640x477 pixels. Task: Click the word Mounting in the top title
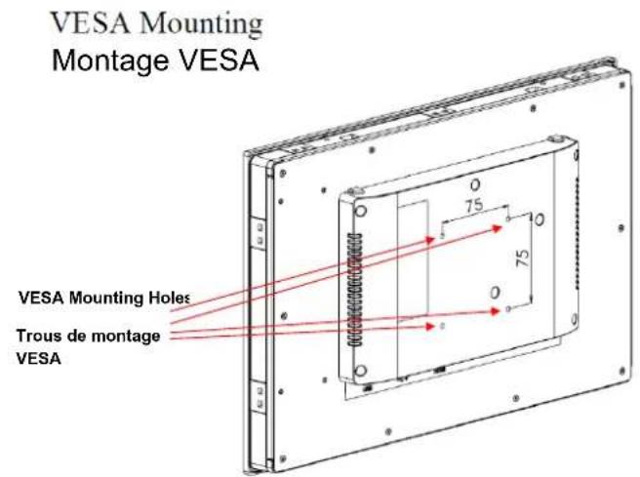point(200,24)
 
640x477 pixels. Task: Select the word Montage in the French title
point(110,60)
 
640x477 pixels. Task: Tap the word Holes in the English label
point(169,298)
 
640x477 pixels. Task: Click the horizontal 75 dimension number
point(473,205)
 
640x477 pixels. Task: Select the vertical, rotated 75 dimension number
point(523,258)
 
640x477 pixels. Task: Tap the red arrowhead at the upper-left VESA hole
point(430,240)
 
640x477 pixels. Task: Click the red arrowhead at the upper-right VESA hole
point(498,228)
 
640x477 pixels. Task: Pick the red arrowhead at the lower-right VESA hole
point(495,312)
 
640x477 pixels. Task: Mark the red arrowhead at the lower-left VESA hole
point(429,326)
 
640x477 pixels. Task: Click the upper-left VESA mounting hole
point(442,236)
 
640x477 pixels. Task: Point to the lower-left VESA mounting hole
point(442,326)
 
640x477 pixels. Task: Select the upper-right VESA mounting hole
point(507,219)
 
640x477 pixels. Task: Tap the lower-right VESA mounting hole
point(507,309)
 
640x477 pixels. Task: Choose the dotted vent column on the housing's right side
point(577,232)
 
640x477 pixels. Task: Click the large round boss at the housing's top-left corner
point(361,211)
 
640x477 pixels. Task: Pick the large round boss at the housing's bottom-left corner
point(360,371)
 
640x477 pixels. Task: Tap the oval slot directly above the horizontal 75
point(475,184)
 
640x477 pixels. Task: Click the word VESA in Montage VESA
point(219,60)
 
